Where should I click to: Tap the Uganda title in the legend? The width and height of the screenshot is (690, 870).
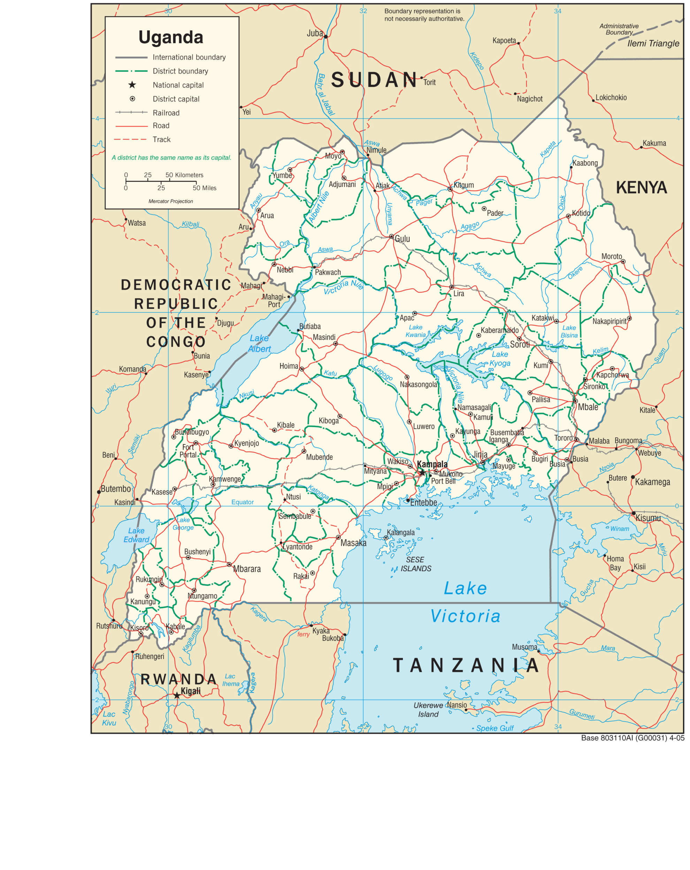point(171,37)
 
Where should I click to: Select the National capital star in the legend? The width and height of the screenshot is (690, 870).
point(132,85)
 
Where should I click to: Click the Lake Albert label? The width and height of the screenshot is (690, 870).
point(259,343)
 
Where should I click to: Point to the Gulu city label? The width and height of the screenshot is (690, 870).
point(402,239)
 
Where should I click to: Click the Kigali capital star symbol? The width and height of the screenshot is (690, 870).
point(177,695)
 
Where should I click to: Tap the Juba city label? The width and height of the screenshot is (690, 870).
point(315,33)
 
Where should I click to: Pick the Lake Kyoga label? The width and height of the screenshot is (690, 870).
point(500,359)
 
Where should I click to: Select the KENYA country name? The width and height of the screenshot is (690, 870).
point(641,187)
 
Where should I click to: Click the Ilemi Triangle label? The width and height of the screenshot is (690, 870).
point(653,43)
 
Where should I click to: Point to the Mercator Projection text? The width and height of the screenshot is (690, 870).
point(171,201)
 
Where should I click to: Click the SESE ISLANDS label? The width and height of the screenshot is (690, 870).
point(415,564)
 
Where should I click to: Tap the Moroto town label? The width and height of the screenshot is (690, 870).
point(611,256)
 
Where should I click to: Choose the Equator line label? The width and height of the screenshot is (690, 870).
point(242,502)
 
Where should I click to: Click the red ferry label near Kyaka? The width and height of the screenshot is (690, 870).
point(303,634)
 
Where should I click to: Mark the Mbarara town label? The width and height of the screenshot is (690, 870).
point(247,569)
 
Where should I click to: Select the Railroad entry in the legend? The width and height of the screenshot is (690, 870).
point(166,113)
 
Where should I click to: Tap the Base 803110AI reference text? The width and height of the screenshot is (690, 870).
point(632,737)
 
